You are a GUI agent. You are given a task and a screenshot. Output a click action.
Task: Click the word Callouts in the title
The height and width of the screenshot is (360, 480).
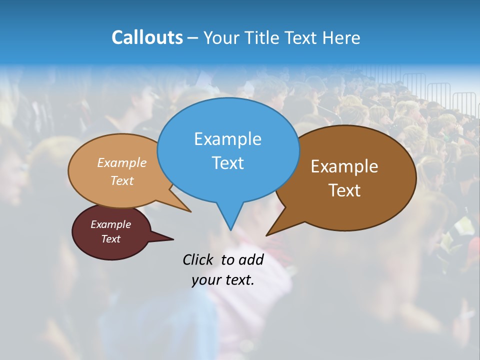[147, 37]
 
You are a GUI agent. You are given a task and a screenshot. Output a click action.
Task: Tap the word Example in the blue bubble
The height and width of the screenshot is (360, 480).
[227, 139]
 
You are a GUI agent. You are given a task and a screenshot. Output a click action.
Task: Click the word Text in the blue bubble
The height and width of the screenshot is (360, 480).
[227, 163]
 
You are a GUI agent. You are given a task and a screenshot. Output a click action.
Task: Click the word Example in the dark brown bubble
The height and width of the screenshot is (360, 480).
[344, 166]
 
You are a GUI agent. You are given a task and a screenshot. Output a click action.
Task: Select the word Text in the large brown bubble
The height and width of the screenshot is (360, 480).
[344, 190]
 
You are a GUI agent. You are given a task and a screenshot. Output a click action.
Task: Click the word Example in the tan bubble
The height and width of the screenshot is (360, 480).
[122, 162]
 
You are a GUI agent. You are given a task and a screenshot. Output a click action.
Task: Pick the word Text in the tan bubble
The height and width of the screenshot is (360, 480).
[122, 180]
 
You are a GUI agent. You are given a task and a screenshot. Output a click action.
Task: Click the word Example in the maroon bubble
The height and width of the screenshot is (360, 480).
[110, 224]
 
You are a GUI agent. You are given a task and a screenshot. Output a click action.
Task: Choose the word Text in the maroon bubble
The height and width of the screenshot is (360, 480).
[110, 239]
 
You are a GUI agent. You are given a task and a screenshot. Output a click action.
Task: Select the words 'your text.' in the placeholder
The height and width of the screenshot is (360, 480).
[223, 280]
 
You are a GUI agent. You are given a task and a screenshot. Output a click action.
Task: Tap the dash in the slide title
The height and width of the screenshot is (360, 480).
[193, 38]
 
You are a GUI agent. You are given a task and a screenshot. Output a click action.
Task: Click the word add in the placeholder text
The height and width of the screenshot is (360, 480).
[250, 259]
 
